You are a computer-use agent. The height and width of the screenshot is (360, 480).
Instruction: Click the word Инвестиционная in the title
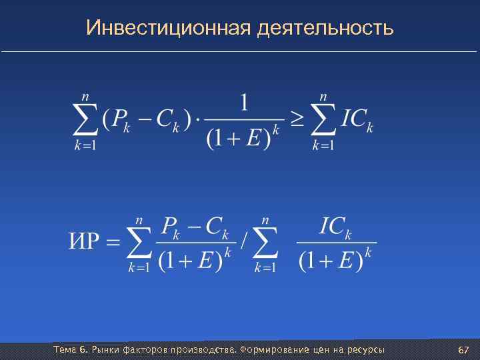(167, 28)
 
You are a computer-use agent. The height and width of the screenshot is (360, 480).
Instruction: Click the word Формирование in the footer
(269, 351)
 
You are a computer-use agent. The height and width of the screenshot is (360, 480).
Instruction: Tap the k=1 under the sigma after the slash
(266, 267)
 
